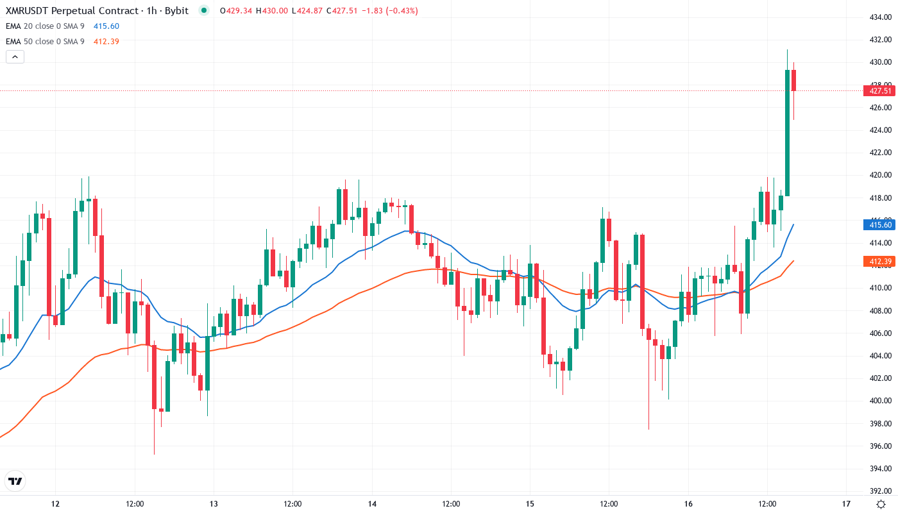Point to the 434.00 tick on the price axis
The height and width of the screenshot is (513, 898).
879,17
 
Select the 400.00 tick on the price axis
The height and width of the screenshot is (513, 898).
879,401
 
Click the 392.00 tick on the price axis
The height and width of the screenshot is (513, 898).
879,491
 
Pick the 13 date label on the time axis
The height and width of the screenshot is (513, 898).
214,504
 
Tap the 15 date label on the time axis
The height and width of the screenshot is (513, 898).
530,504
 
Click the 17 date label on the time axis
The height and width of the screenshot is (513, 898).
846,504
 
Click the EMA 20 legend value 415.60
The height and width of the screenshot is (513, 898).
106,26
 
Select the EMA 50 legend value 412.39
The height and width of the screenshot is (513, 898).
106,42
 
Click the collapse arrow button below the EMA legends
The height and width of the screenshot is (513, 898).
15,57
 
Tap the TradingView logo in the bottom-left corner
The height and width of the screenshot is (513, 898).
15,481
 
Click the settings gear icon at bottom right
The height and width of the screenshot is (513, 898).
882,504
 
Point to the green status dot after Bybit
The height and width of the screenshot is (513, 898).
203,11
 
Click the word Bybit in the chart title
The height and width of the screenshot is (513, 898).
174,11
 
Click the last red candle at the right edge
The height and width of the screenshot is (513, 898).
794,81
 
